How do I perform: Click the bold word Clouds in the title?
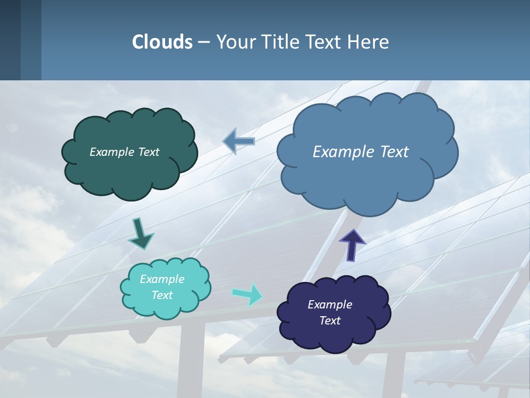[162, 42]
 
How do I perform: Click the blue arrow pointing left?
[239, 142]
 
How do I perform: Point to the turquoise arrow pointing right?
[248, 294]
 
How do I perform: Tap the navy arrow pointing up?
[352, 244]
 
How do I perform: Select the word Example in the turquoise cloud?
[162, 279]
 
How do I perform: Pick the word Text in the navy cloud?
[330, 321]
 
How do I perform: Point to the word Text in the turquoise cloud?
[162, 295]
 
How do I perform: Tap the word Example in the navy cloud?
[330, 305]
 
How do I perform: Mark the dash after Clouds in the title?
[204, 42]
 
